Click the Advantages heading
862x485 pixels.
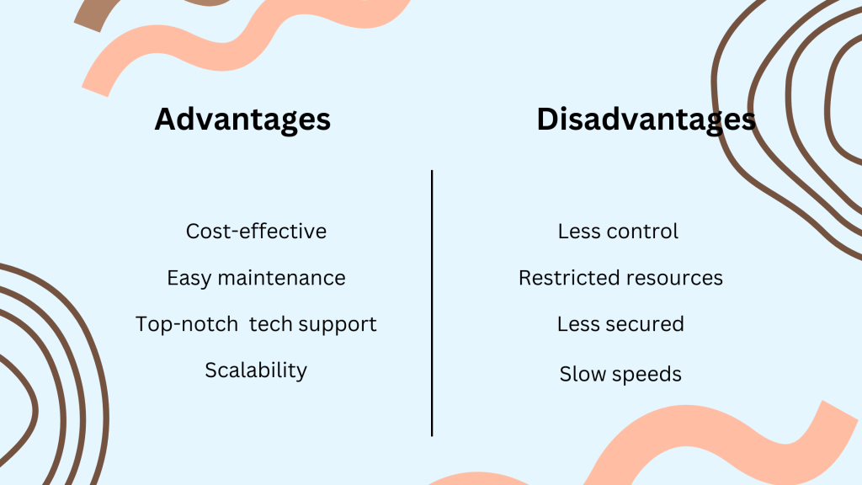tap(242, 120)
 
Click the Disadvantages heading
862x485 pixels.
tap(646, 120)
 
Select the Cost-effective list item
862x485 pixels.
tap(256, 231)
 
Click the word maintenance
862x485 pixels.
tap(281, 278)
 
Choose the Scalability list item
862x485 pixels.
tap(256, 370)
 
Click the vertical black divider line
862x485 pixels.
tap(432, 303)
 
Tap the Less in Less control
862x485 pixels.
tap(578, 231)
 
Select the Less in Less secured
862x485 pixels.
tap(577, 324)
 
